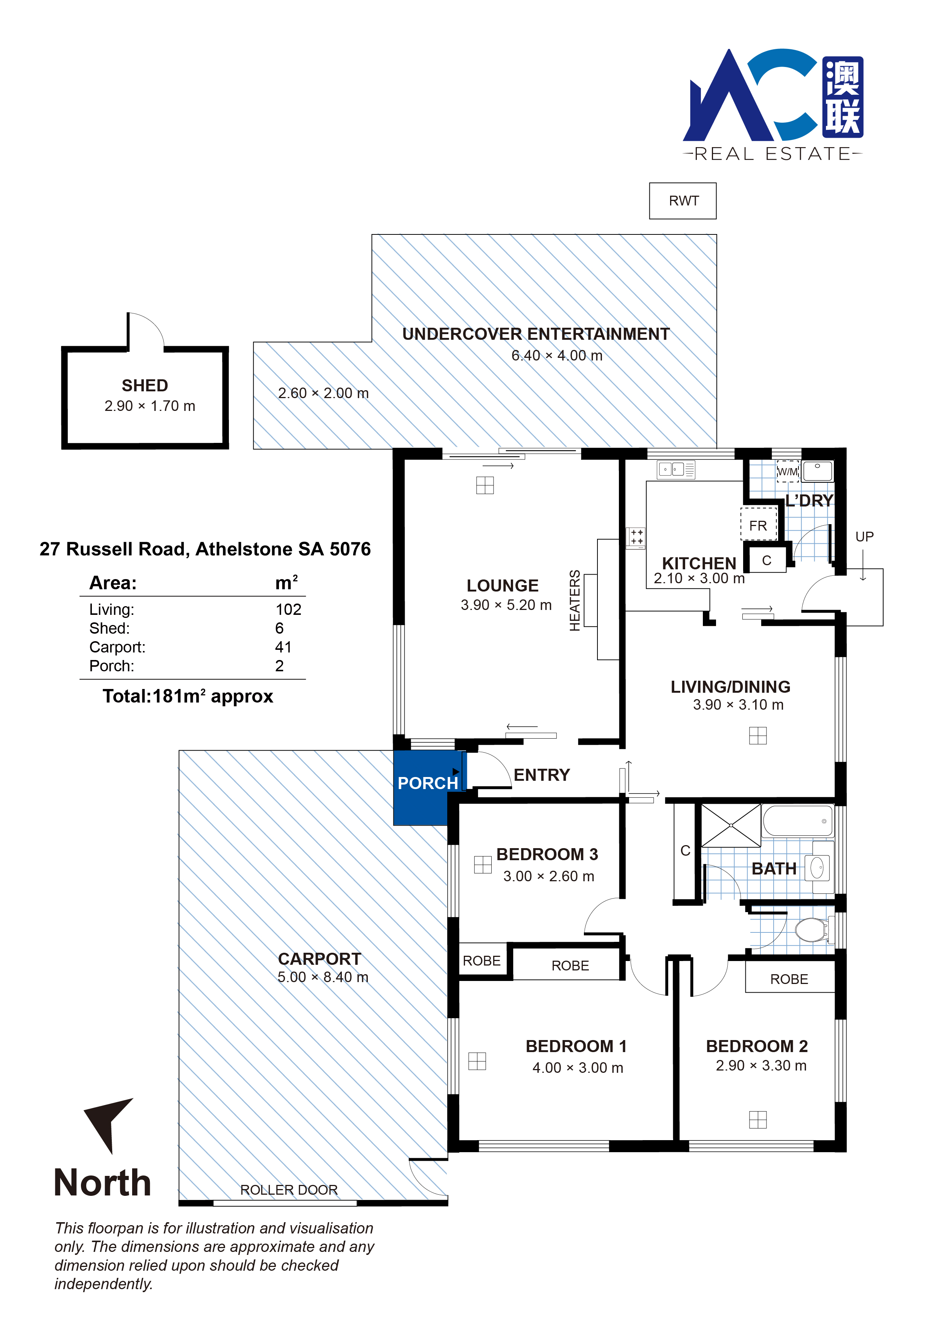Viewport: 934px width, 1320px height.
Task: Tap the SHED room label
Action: click(x=145, y=385)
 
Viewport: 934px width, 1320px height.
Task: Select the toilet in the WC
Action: click(x=812, y=929)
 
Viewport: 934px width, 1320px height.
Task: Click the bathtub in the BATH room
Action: click(x=798, y=821)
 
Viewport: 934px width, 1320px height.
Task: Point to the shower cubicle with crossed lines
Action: click(x=730, y=826)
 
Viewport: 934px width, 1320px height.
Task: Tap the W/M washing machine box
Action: click(x=787, y=471)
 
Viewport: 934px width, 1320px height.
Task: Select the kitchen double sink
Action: click(x=671, y=470)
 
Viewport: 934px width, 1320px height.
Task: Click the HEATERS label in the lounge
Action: click(x=574, y=600)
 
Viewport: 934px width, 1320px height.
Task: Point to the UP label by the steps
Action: click(x=864, y=537)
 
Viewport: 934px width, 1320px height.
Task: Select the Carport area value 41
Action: click(x=283, y=647)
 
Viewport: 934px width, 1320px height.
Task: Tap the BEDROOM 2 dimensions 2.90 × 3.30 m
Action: click(x=761, y=1065)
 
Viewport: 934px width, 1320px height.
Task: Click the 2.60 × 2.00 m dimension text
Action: click(x=323, y=393)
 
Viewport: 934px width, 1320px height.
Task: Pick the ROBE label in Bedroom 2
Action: click(x=789, y=979)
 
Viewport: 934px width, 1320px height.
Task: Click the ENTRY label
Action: click(x=542, y=775)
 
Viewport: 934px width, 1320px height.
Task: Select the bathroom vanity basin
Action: click(x=817, y=868)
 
